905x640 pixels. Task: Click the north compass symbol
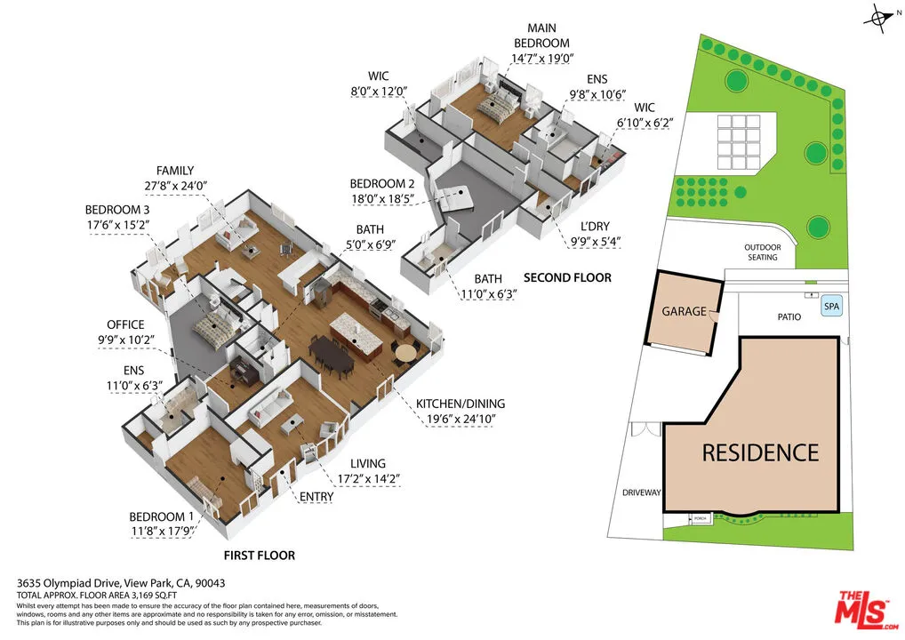(x=880, y=18)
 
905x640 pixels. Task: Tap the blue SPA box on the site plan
(x=831, y=306)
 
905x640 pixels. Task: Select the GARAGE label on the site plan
(x=684, y=312)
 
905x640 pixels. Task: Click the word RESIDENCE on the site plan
(x=760, y=452)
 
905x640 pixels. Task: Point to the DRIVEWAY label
(x=640, y=492)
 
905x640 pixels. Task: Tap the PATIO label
(x=788, y=316)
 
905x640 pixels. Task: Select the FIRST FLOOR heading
(x=259, y=556)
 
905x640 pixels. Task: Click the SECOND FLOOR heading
(x=567, y=277)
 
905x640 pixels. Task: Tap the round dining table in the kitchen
(x=405, y=353)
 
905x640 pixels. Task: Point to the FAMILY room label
(x=174, y=171)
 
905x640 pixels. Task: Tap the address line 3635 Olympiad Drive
(x=121, y=583)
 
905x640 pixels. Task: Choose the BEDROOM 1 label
(x=161, y=516)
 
